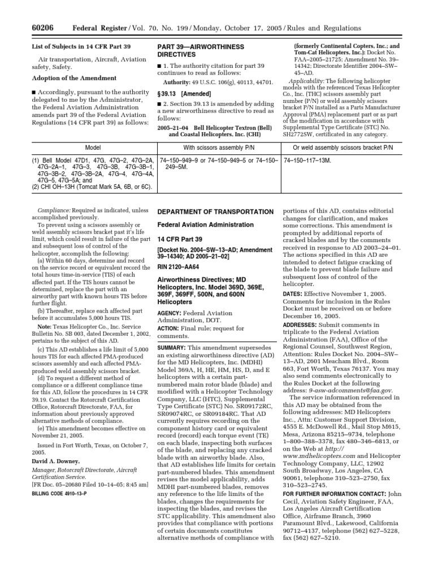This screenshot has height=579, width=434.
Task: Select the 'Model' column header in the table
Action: coord(93,147)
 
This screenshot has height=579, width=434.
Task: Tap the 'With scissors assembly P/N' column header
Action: coord(219,147)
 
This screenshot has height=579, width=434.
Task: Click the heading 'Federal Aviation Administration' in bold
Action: coord(198,224)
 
